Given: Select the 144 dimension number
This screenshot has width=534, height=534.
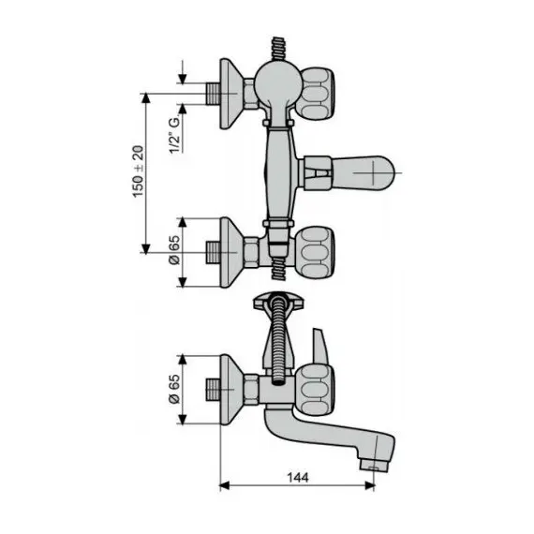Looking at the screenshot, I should tap(296, 477).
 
